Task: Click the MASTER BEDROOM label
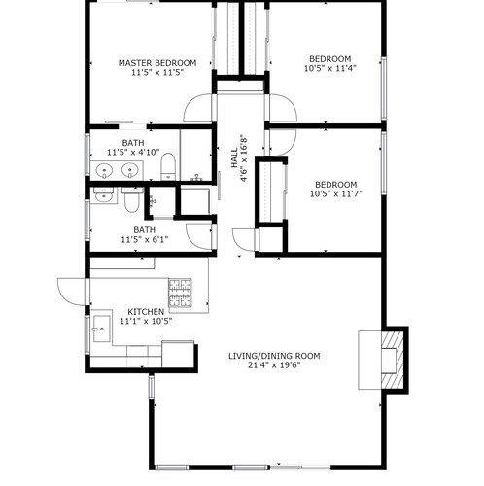pyautogui.click(x=157, y=63)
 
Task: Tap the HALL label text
pyautogui.click(x=234, y=158)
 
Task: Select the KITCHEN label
pyautogui.click(x=146, y=312)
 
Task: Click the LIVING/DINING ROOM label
pyautogui.click(x=274, y=356)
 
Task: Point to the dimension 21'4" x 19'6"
pyautogui.click(x=274, y=365)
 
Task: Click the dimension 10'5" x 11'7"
pyautogui.click(x=336, y=193)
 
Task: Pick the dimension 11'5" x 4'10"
pyautogui.click(x=133, y=152)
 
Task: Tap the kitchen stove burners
pyautogui.click(x=180, y=293)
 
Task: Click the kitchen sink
pyautogui.click(x=101, y=329)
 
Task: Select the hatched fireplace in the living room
pyautogui.click(x=393, y=360)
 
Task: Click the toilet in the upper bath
pyautogui.click(x=168, y=166)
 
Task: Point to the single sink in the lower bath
pyautogui.click(x=103, y=195)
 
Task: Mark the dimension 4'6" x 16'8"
pyautogui.click(x=244, y=158)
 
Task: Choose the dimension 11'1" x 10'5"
pyautogui.click(x=146, y=321)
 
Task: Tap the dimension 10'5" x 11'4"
pyautogui.click(x=330, y=68)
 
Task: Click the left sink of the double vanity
pyautogui.click(x=104, y=170)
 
